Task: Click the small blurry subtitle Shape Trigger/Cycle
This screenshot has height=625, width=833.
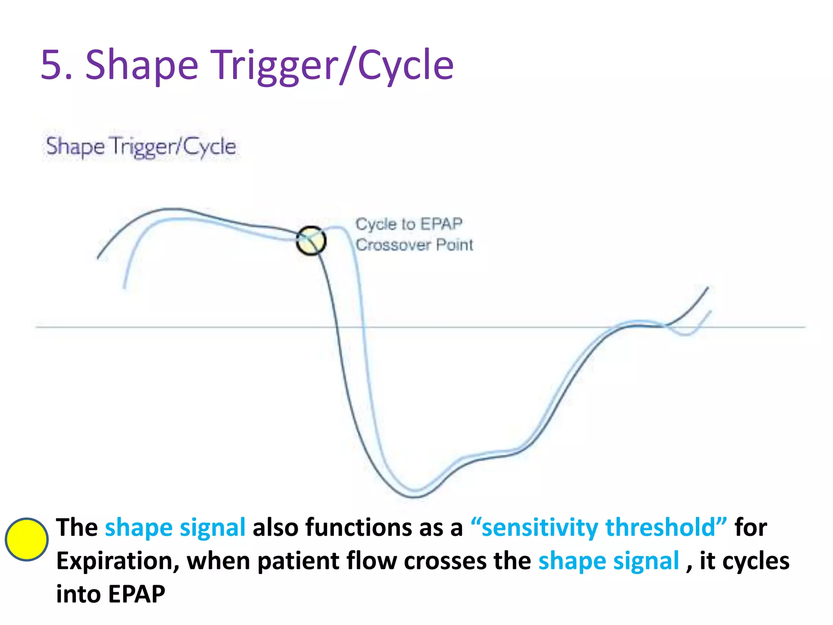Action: tap(141, 146)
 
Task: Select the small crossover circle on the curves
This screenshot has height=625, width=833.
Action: tap(311, 241)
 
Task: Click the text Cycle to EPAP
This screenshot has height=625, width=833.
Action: tap(409, 224)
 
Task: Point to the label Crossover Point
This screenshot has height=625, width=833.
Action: tap(414, 245)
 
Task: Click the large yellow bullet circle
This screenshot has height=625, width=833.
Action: tap(26, 540)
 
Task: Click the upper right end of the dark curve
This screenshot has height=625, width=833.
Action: tap(708, 288)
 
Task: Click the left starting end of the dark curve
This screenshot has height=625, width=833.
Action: tap(98, 258)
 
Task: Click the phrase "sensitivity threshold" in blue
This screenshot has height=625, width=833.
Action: tap(598, 528)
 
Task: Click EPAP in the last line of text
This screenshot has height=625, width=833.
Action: tap(137, 594)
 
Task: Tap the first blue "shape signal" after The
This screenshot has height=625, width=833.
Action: tap(175, 528)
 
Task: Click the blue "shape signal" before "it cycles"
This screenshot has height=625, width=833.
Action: tap(608, 561)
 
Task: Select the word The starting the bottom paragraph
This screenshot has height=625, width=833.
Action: tap(77, 528)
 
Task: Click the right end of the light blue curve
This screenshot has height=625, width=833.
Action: tap(710, 312)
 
